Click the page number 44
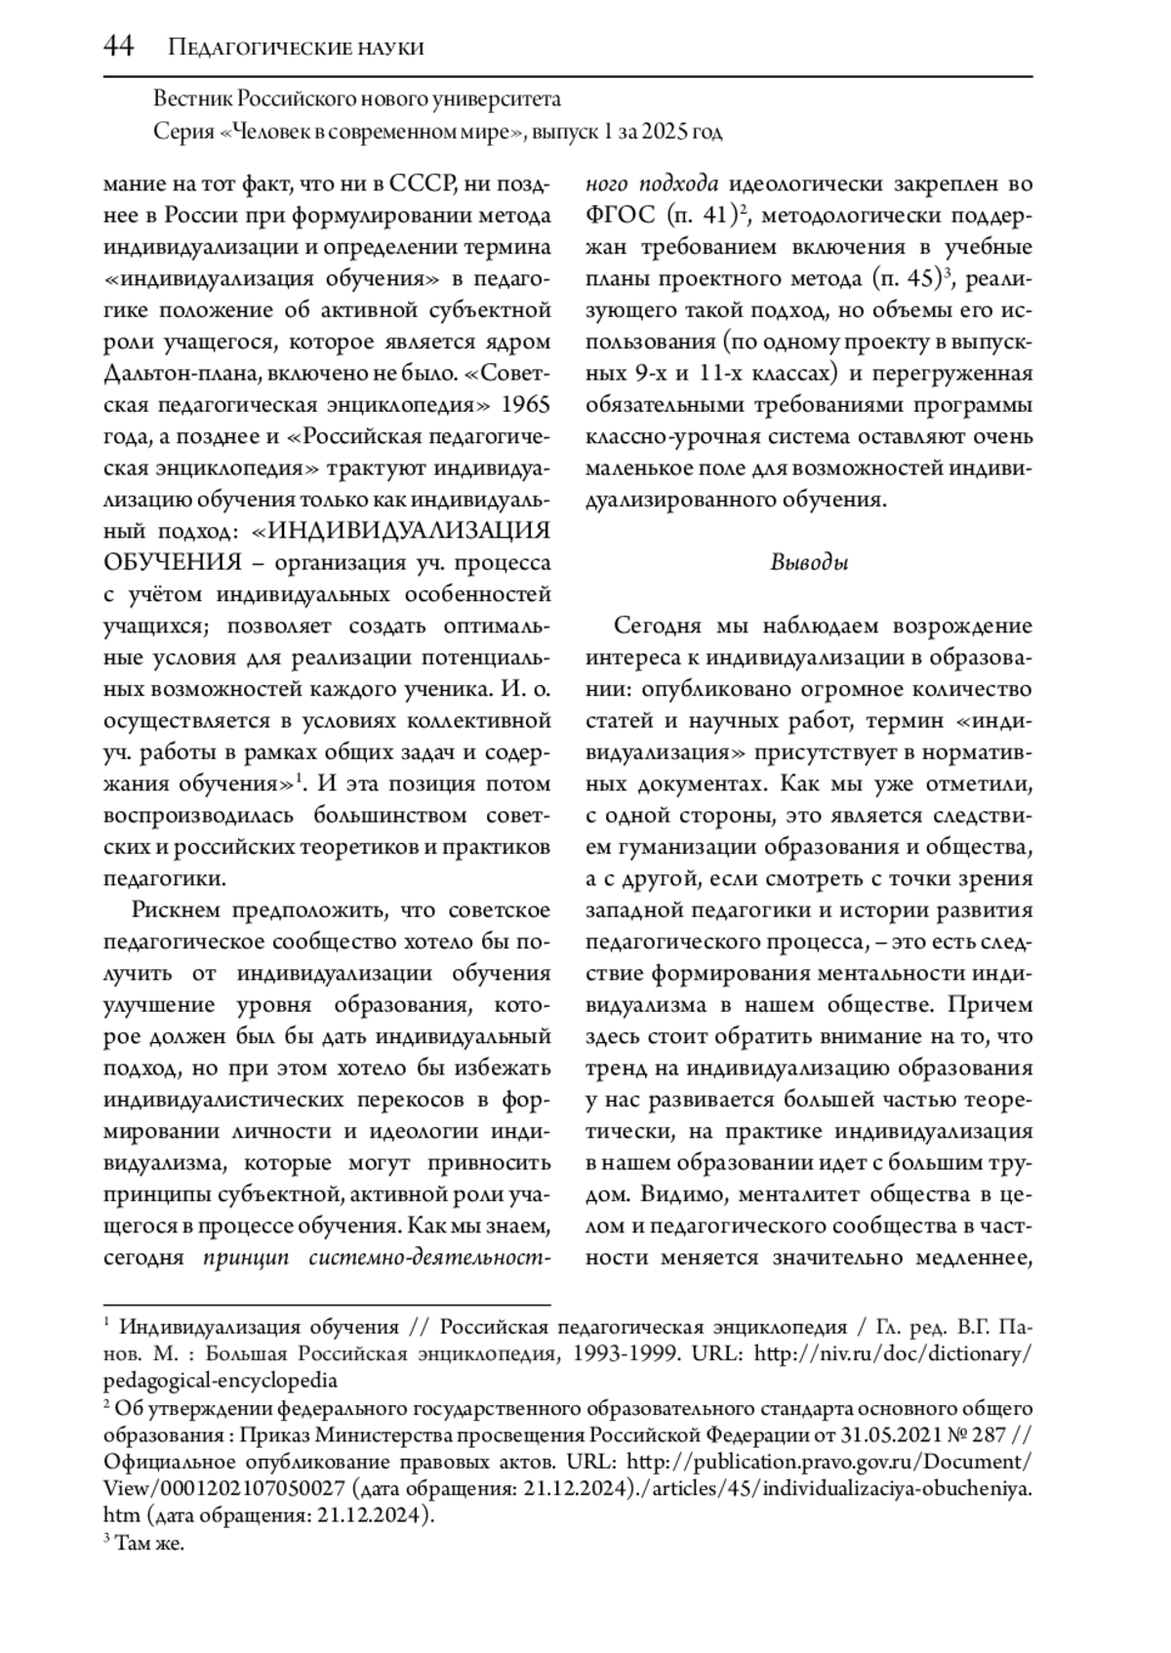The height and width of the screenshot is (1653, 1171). (118, 47)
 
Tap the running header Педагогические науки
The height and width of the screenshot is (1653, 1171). (296, 48)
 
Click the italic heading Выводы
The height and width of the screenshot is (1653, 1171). (809, 562)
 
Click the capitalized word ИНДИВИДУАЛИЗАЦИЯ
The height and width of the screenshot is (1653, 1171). (409, 530)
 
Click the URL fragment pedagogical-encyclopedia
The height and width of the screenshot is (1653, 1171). (221, 1380)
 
